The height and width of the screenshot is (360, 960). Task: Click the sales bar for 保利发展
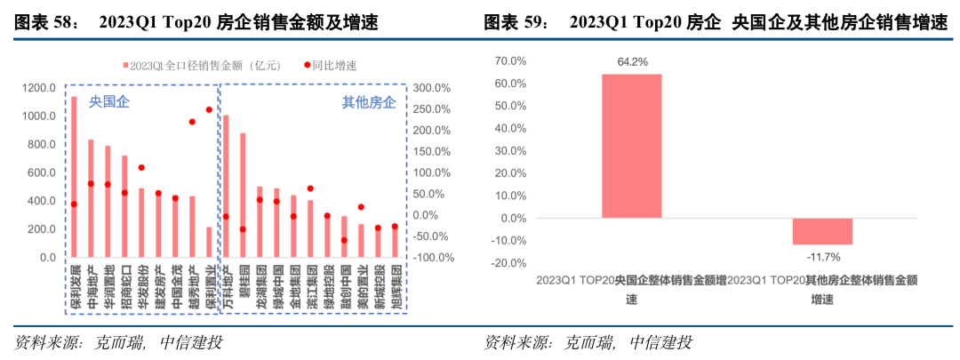point(74,178)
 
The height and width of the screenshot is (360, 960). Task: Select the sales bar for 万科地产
point(226,187)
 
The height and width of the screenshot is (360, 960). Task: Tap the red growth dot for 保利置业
point(209,109)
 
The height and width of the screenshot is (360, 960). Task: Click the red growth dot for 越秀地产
point(192,122)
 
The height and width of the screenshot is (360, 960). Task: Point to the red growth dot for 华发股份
point(141,168)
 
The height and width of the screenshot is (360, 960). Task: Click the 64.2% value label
point(632,61)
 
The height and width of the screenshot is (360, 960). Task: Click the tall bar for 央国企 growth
point(632,146)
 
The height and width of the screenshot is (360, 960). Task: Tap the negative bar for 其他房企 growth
point(822,231)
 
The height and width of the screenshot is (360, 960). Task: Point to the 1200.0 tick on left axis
point(40,88)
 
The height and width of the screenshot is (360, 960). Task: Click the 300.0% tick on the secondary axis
point(433,88)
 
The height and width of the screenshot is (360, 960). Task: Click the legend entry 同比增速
point(337,65)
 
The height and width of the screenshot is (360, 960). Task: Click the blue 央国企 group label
point(109,102)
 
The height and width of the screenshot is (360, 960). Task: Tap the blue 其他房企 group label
point(370,102)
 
